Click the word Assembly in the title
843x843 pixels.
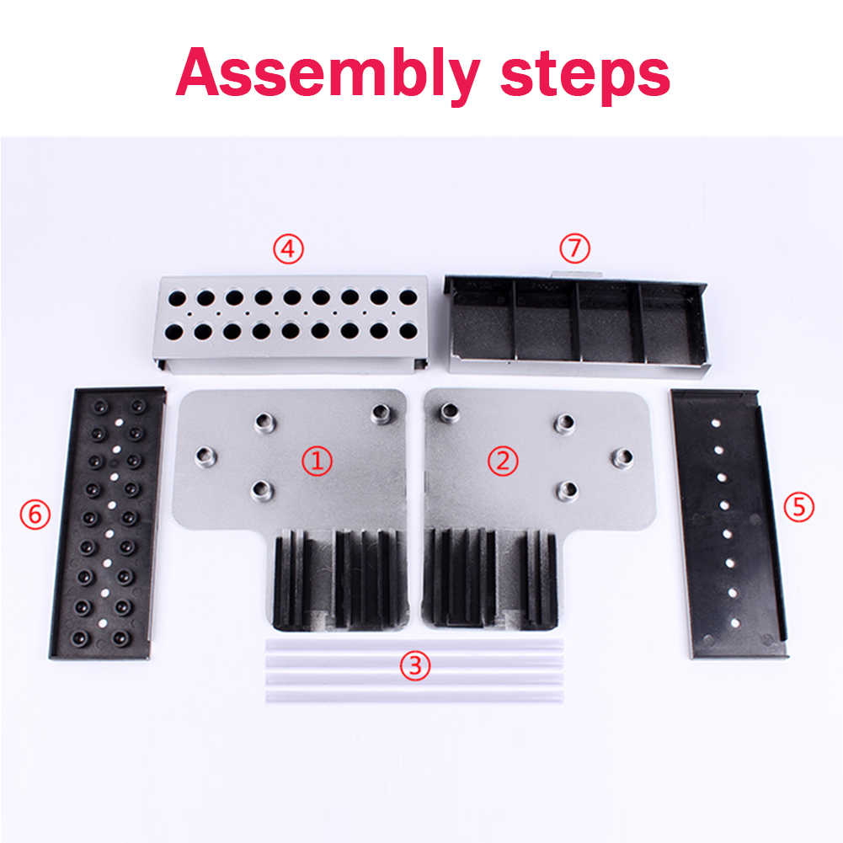pos(328,73)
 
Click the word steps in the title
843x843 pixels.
pos(585,75)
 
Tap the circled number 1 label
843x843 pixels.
pos(317,462)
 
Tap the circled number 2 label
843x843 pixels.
pos(504,461)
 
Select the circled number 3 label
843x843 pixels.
pos(415,665)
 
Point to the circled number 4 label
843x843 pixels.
pos(289,249)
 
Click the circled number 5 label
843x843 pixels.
pos(799,507)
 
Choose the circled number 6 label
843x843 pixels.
pos(35,514)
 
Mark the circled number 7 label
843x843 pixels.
pos(574,248)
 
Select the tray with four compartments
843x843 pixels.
pos(577,325)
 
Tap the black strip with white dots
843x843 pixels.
pos(728,523)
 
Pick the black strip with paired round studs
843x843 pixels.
pos(108,523)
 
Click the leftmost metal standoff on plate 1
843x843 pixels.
pos(205,457)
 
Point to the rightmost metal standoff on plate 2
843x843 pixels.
pos(622,457)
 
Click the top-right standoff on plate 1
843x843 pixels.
pos(381,413)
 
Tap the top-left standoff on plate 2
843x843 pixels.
pos(450,412)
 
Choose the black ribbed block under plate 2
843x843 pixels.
pos(490,579)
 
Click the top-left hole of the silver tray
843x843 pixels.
pos(177,297)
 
